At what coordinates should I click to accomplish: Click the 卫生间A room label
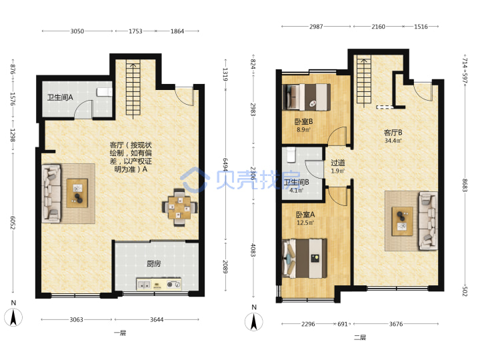click(x=60, y=97)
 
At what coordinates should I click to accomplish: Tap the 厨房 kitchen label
click(x=154, y=263)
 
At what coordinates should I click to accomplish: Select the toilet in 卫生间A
click(x=105, y=92)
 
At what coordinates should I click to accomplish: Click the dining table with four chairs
click(x=179, y=207)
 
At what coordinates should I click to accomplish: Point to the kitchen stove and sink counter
click(x=159, y=284)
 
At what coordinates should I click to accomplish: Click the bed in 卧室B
click(x=307, y=97)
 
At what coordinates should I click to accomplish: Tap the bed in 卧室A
click(x=305, y=259)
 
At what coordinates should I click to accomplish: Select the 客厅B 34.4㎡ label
click(x=393, y=136)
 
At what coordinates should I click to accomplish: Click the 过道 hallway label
click(x=338, y=167)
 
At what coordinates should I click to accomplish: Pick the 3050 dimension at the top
click(x=77, y=31)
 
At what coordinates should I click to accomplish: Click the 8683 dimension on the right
click(x=465, y=185)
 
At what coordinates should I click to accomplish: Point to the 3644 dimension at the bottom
click(x=157, y=319)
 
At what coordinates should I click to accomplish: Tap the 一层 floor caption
click(x=120, y=333)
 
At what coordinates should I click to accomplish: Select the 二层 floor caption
click(x=360, y=337)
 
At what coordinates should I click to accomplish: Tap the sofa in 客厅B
click(x=428, y=221)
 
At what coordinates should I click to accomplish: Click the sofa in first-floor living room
click(x=51, y=193)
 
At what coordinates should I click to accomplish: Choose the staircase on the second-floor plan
click(x=364, y=81)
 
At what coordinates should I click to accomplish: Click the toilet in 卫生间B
click(x=290, y=155)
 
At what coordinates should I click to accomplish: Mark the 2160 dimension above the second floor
click(x=379, y=27)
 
